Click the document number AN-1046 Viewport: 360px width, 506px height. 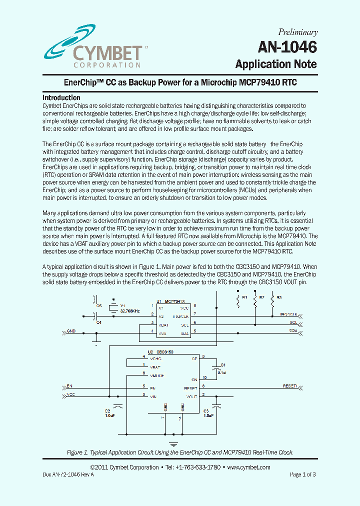click(x=287, y=47)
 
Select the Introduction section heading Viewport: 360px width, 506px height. click(x=61, y=97)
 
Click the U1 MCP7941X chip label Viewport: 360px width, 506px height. click(x=170, y=301)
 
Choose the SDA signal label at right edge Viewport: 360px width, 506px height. click(x=293, y=330)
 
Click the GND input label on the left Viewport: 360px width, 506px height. click(x=71, y=330)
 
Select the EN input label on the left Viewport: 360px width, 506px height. click(x=69, y=386)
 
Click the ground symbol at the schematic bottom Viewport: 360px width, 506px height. click(x=173, y=443)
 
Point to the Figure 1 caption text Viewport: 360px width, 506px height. click(x=180, y=452)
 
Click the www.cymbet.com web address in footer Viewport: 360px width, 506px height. click(x=248, y=467)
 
